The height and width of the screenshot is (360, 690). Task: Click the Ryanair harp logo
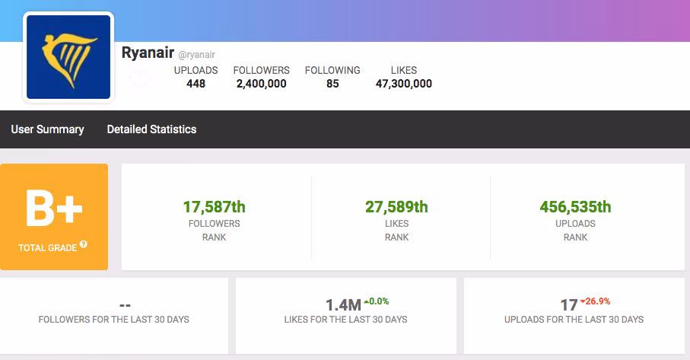pos(68,57)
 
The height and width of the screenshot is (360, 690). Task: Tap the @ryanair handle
pos(197,55)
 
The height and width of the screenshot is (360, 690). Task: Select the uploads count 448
pos(196,84)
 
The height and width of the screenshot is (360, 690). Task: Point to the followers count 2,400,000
pos(262,84)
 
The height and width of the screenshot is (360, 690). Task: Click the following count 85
pos(332,84)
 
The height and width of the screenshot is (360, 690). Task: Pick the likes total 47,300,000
pos(403,84)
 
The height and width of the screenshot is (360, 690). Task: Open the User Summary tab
pos(47,129)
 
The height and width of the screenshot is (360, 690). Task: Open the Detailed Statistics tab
pos(152,129)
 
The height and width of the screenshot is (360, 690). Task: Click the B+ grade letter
pos(54,209)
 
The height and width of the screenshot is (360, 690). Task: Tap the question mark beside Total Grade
pos(84,244)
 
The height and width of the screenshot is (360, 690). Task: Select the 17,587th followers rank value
pos(215,207)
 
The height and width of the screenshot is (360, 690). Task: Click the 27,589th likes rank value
pos(396,207)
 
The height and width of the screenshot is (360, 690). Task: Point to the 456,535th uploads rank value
pos(576,207)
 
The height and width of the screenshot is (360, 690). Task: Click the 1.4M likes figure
pos(343,304)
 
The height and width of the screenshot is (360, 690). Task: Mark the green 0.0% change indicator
pos(377,301)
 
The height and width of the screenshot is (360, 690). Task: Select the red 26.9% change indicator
pos(596,301)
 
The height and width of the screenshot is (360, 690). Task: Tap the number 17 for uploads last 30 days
pos(569,304)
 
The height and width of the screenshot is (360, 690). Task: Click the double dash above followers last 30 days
pos(125,305)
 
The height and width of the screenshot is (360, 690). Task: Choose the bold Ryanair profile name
pos(148,53)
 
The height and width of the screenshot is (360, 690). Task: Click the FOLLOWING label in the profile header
pos(332,71)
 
